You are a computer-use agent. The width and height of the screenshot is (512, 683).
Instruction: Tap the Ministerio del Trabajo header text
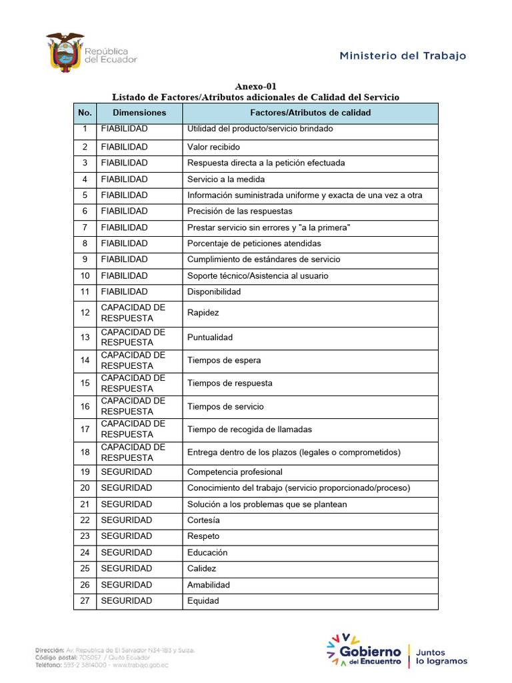[403, 56]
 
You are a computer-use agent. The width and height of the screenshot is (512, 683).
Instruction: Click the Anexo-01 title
[256, 87]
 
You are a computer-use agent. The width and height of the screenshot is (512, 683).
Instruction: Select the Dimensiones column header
[139, 113]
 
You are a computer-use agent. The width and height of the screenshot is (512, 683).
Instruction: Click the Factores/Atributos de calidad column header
[310, 113]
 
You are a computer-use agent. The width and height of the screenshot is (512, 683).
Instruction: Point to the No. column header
[85, 113]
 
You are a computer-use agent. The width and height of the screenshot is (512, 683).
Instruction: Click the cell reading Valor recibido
[213, 147]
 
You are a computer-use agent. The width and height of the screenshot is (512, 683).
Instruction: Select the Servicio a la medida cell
[226, 179]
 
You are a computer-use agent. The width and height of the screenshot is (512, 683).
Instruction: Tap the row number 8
[85, 243]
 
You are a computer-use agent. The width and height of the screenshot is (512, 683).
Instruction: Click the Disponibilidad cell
[214, 291]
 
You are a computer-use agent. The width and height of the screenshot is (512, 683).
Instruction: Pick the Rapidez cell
[203, 312]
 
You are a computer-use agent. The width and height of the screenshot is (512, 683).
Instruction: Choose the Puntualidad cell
[210, 337]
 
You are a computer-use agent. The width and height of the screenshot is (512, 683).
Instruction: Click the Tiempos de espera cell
[224, 360]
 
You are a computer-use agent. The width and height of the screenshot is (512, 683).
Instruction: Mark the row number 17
[85, 430]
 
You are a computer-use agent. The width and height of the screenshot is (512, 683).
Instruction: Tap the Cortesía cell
[203, 520]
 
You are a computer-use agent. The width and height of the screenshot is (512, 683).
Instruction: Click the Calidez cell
[202, 568]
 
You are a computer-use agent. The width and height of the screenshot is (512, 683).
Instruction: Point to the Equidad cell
[203, 601]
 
